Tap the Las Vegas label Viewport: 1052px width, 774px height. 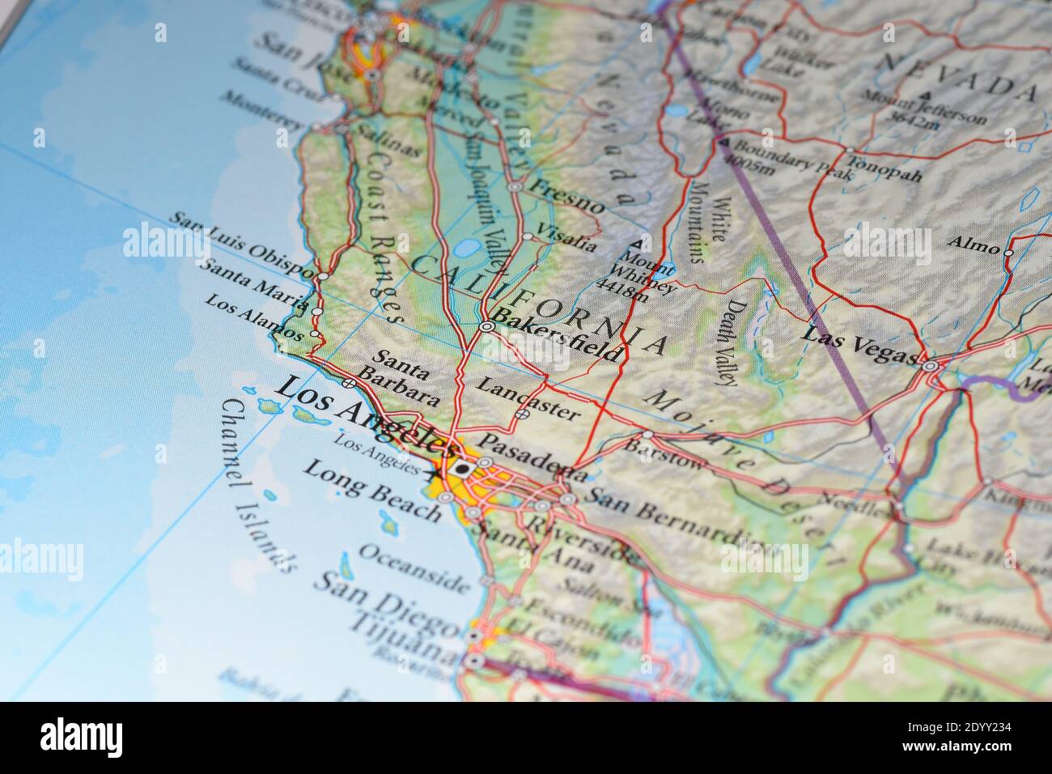(860, 345)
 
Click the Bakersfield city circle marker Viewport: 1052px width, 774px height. (486, 327)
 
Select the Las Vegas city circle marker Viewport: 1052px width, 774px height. (931, 367)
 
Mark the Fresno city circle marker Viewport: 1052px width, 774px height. (515, 186)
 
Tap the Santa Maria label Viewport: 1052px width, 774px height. (254, 285)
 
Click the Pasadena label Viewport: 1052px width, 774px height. (532, 456)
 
